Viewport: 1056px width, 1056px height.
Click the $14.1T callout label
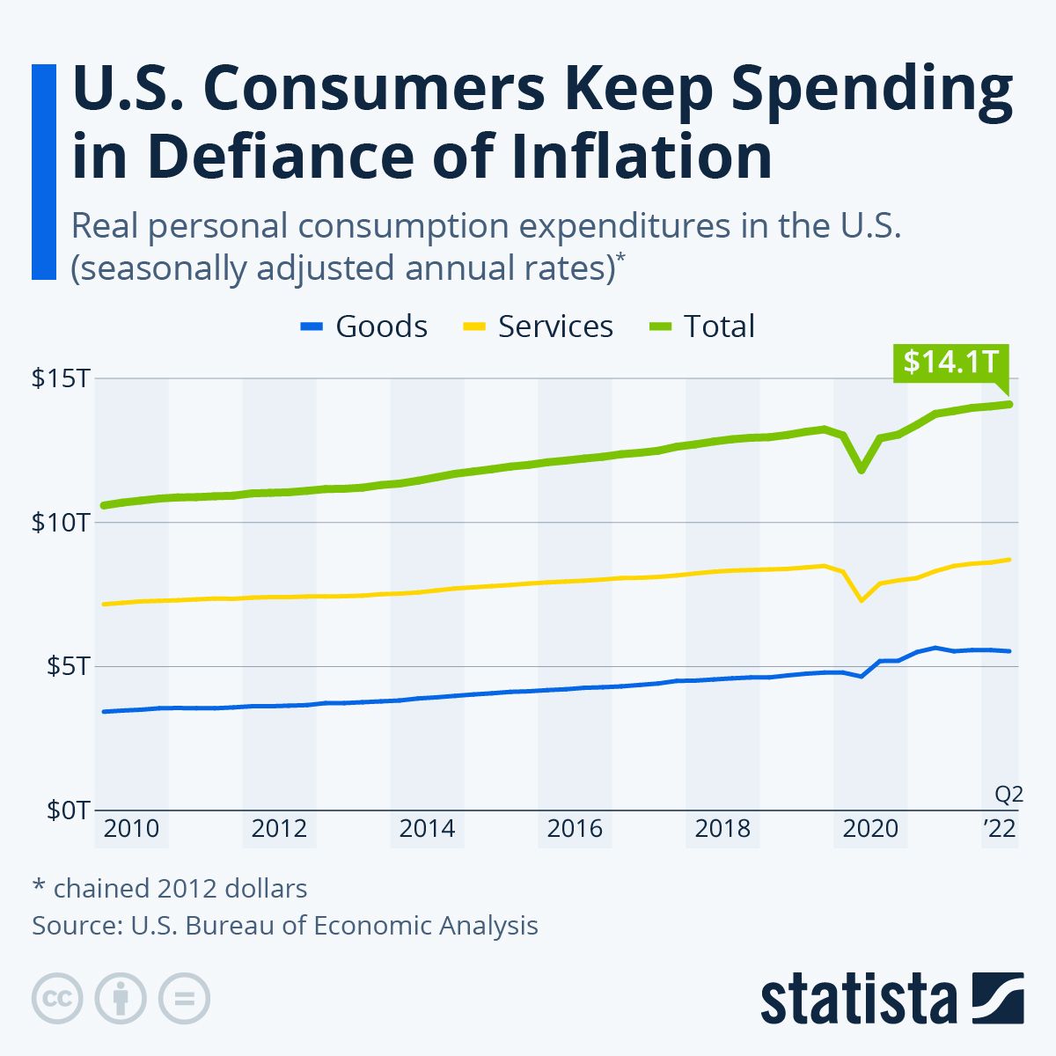[x=950, y=362]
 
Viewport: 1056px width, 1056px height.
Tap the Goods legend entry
[x=364, y=326]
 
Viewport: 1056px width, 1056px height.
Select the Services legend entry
[x=538, y=326]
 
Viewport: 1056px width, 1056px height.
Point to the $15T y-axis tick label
[x=60, y=379]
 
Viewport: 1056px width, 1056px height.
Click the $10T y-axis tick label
[x=60, y=523]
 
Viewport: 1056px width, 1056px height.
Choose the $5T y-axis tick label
[x=65, y=666]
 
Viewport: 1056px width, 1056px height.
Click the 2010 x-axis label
[x=131, y=829]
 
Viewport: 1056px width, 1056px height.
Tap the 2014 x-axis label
[x=427, y=829]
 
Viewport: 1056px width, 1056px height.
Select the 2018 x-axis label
[x=722, y=829]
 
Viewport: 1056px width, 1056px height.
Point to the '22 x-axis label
[x=999, y=829]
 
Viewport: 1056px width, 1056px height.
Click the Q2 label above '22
[x=1009, y=795]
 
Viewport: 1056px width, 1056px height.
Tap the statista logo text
[x=859, y=999]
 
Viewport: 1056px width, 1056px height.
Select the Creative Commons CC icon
[x=57, y=998]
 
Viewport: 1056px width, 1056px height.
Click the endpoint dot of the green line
[x=1009, y=404]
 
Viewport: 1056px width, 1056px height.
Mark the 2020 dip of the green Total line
[x=862, y=470]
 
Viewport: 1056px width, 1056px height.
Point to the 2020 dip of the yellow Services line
[x=862, y=600]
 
